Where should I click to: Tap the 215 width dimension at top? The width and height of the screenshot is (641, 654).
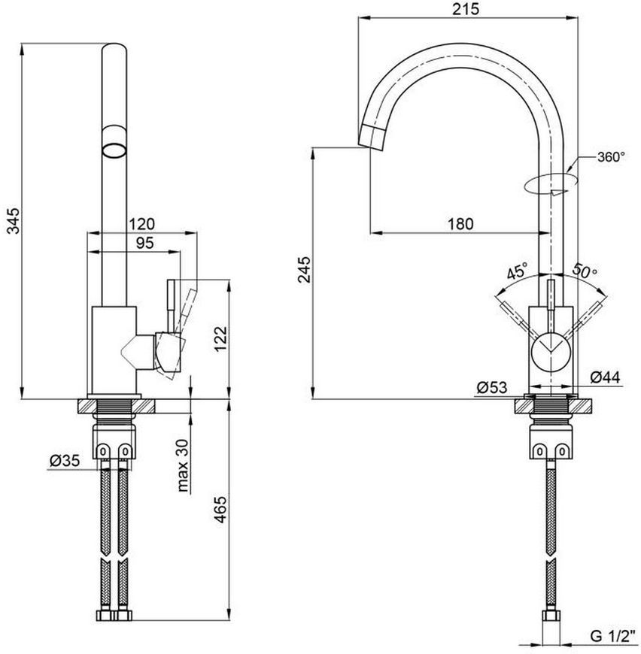tap(466, 9)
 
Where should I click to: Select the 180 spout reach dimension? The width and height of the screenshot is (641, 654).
tap(460, 224)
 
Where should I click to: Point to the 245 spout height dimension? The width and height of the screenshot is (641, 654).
tap(305, 269)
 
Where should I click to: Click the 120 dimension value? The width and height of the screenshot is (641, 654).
tap(141, 224)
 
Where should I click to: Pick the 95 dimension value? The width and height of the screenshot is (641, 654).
tap(144, 243)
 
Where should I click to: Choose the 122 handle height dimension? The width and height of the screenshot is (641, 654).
tap(221, 338)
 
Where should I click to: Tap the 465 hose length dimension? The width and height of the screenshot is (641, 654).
tap(220, 509)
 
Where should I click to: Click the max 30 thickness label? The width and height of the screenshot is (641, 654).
tap(183, 465)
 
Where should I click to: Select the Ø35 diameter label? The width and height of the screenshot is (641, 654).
tap(64, 461)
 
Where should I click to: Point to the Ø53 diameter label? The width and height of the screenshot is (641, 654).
tap(492, 387)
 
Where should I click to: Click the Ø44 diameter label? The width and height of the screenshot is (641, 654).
tap(606, 377)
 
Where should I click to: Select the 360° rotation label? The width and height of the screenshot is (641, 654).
tap(612, 157)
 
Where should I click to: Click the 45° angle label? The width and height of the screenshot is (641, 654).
tap(517, 271)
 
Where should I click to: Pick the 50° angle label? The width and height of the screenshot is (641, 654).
tap(585, 271)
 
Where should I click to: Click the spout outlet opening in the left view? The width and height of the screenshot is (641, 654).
tap(114, 150)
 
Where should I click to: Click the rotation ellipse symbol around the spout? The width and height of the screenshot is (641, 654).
tap(551, 183)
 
